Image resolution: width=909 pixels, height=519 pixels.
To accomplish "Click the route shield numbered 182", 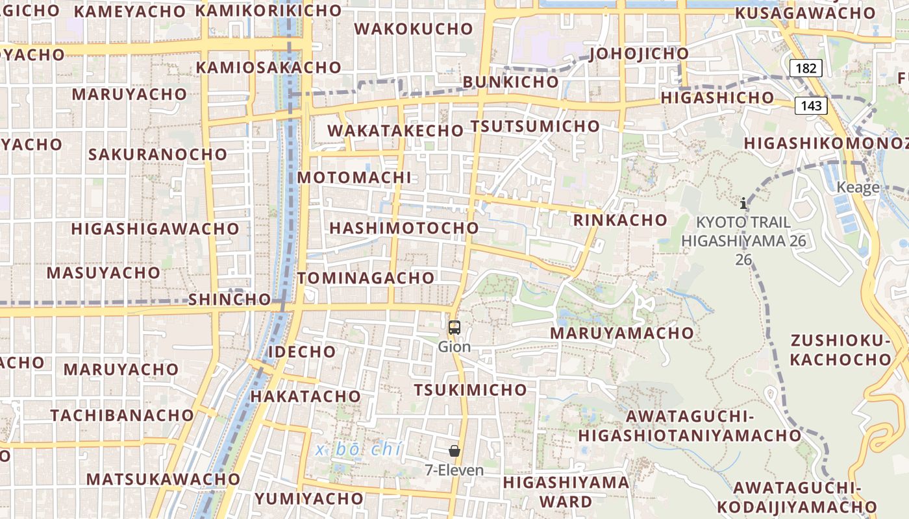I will (806, 68).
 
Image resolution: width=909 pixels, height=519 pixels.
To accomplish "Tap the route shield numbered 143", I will (811, 105).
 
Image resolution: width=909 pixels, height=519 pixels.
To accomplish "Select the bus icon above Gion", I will (454, 328).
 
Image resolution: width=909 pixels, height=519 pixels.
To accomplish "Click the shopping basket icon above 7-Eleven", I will (454, 451).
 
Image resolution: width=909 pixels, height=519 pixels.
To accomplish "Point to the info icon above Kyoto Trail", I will (743, 203).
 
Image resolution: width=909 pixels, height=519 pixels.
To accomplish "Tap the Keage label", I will (858, 187).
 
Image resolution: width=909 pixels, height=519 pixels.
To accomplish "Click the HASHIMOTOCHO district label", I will (404, 228).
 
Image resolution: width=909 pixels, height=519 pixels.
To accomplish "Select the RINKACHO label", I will (620, 220).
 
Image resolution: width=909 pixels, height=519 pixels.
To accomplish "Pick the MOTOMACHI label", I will (355, 178).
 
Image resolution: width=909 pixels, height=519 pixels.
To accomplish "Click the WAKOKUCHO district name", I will (414, 29).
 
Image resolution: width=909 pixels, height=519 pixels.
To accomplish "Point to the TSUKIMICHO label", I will (471, 390).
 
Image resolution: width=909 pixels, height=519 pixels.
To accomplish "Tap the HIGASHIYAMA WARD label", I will (566, 492).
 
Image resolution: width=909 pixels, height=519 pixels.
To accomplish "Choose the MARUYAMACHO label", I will (622, 333).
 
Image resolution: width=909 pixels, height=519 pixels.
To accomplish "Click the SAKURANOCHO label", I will (158, 154).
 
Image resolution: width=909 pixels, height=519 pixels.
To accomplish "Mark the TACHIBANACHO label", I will (122, 415).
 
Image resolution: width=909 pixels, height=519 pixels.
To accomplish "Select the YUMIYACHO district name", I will (309, 499).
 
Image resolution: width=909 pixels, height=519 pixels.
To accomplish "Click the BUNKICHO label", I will (510, 82).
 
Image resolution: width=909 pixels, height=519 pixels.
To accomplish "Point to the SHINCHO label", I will (229, 299).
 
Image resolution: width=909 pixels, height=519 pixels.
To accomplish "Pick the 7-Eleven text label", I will (454, 470).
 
